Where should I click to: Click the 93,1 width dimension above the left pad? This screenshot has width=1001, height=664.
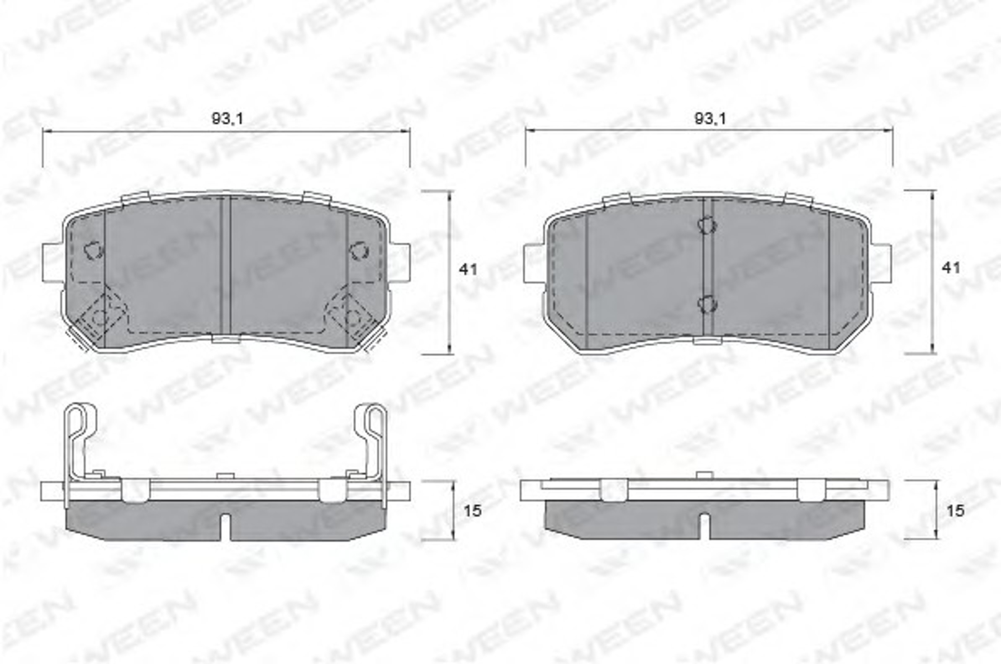(227, 119)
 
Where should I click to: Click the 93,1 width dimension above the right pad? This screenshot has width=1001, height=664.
(710, 119)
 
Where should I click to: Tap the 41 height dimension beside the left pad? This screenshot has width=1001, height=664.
(468, 269)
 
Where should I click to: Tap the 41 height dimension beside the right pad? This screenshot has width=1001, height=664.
(951, 267)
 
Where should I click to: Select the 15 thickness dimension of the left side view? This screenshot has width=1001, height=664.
(472, 511)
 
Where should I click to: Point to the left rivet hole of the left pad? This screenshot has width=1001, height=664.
(94, 250)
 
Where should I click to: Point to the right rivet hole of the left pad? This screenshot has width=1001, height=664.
(359, 250)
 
